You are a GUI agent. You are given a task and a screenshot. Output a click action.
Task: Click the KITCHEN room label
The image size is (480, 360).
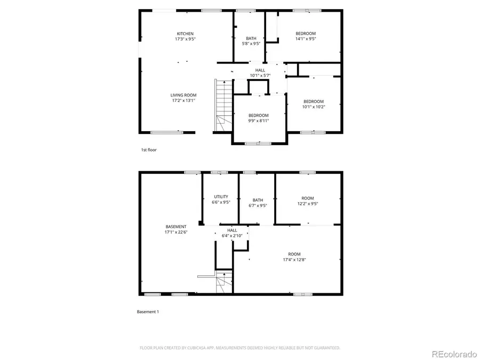pyautogui.click(x=185, y=34)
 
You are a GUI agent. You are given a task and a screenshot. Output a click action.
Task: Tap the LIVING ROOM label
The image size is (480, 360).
pyautogui.click(x=183, y=95)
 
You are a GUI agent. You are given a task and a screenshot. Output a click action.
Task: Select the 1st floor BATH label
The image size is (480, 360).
pyautogui.click(x=251, y=38)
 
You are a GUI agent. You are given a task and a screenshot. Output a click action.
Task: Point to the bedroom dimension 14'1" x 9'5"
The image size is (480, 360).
pyautogui.click(x=306, y=39)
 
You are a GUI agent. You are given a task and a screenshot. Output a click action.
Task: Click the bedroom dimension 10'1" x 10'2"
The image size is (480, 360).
pyautogui.click(x=314, y=107)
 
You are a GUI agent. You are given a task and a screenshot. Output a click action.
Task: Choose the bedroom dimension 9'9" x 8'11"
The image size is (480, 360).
pyautogui.click(x=259, y=121)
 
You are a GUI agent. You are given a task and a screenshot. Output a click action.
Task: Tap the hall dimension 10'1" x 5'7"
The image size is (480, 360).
pyautogui.click(x=260, y=75)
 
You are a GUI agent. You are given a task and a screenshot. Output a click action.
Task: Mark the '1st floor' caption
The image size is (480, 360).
pyautogui.click(x=149, y=150)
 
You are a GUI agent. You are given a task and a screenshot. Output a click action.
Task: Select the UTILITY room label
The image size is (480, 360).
pyautogui.click(x=221, y=197)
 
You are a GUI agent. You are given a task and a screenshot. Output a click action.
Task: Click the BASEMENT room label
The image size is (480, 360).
pyautogui.click(x=176, y=227)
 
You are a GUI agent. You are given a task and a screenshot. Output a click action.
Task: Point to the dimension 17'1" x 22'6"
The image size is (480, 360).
pyautogui.click(x=176, y=232)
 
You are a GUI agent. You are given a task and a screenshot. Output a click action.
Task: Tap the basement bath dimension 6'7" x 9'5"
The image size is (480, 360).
pyautogui.click(x=258, y=205)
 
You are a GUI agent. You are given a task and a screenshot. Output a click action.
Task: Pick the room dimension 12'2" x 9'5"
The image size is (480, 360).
pyautogui.click(x=308, y=203)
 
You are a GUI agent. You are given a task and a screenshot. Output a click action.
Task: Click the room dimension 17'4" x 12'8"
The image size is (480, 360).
pyautogui.click(x=294, y=260)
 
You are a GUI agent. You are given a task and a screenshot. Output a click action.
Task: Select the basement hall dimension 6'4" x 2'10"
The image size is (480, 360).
pyautogui.click(x=232, y=235)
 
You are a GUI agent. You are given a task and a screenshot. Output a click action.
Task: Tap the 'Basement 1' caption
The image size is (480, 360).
pyautogui.click(x=148, y=311)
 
